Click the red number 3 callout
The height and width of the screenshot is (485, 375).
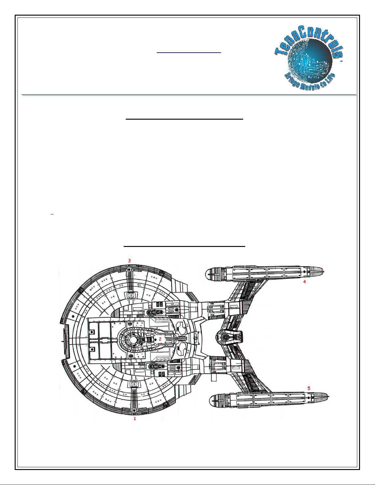(x=129, y=261)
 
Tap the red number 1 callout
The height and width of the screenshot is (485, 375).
(x=135, y=419)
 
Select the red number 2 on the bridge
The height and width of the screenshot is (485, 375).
(x=160, y=339)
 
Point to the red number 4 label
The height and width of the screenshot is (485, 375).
(x=304, y=282)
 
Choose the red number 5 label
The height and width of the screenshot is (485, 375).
(x=309, y=388)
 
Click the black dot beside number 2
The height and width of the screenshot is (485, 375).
(x=156, y=339)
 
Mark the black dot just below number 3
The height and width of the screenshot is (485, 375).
(x=129, y=269)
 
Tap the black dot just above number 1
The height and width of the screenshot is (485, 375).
(x=134, y=410)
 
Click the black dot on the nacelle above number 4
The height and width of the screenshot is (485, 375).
(x=304, y=271)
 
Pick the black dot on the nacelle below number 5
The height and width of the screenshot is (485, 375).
(x=309, y=398)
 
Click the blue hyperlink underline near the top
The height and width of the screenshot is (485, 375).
(x=189, y=53)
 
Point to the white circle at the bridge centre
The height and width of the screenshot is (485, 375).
(x=133, y=339)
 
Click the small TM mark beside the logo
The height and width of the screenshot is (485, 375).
(x=341, y=61)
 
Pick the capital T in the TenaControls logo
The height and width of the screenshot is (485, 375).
(x=279, y=52)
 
